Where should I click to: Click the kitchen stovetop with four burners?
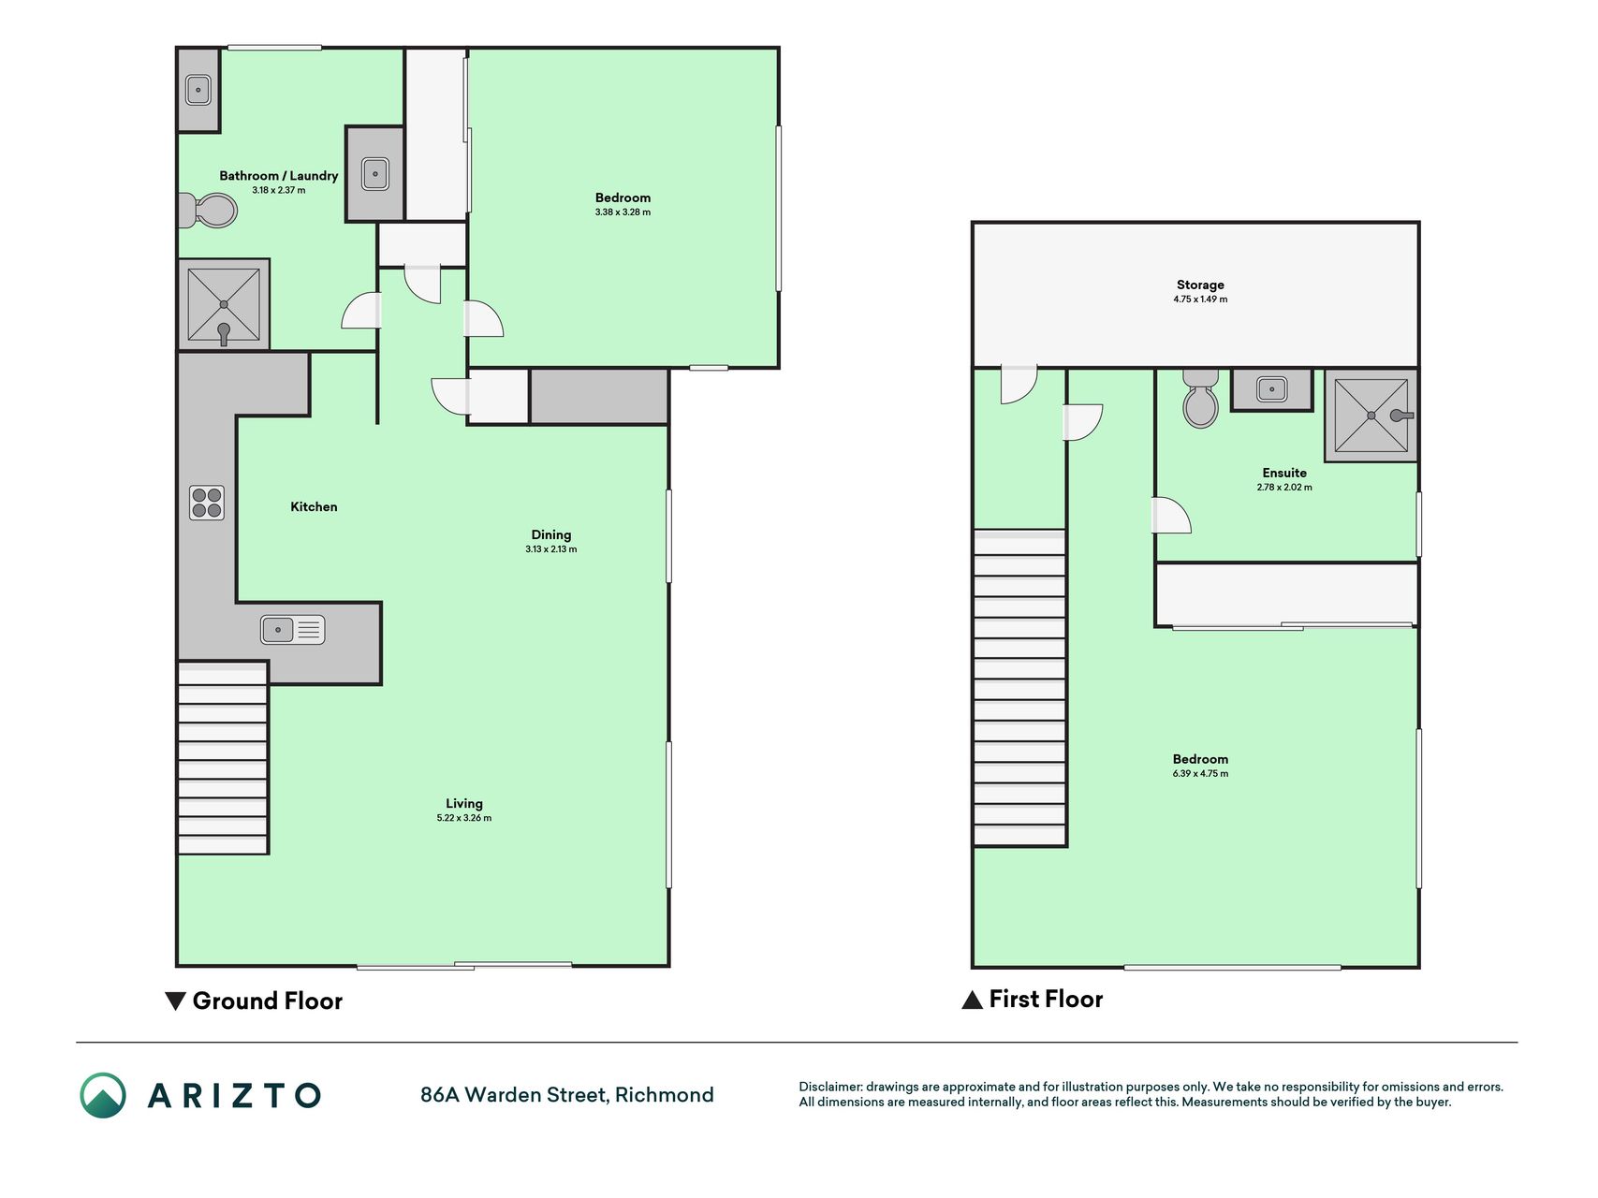[207, 503]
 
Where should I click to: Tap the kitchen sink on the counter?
[293, 630]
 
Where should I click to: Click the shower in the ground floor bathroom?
[224, 305]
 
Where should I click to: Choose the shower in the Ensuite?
[1371, 415]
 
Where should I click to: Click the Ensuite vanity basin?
[1272, 388]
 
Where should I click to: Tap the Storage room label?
[1200, 285]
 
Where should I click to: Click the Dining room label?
[551, 535]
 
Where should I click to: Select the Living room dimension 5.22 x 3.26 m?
[464, 818]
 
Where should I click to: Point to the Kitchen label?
[314, 506]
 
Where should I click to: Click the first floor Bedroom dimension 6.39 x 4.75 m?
[1200, 774]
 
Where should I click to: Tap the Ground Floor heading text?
[268, 1001]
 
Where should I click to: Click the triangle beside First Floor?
[973, 1000]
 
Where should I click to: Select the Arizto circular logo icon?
[103, 1095]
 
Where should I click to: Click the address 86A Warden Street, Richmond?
[567, 1095]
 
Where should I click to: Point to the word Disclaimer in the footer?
[829, 1087]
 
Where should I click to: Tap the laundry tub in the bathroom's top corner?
[198, 90]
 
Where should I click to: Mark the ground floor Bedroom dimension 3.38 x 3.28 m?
[623, 212]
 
